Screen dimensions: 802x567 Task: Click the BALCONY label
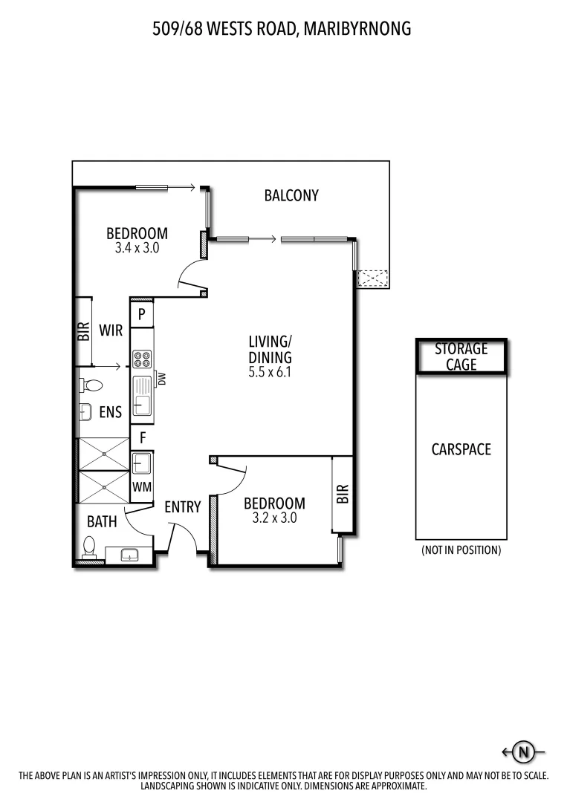coord(291,195)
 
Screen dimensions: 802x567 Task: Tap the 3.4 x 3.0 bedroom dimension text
coord(137,249)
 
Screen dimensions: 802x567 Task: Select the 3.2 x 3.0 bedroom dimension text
coord(274,518)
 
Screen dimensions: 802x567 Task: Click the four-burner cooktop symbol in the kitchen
coord(142,359)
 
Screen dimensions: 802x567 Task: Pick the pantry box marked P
coord(141,314)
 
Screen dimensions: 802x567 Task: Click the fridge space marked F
coord(141,438)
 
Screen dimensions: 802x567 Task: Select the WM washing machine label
coord(141,487)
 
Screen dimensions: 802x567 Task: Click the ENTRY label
coord(183,507)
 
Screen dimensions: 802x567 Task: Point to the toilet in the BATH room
coord(90,548)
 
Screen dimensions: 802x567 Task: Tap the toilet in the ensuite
coord(91,385)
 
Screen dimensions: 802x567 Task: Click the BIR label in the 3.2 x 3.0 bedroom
coord(343,494)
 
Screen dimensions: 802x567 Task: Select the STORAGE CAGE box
coord(461,356)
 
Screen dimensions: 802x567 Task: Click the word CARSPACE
coord(461,449)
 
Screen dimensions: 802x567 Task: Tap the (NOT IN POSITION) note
coord(461,550)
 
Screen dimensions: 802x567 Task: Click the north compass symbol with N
coord(524,752)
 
